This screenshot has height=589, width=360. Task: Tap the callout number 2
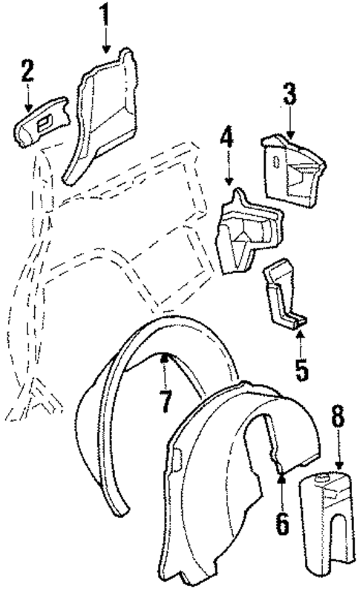coord(27,72)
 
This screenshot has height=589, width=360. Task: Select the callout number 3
coord(289,94)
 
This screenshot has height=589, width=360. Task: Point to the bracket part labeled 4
coord(245,230)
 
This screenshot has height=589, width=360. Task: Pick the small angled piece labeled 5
coord(284,293)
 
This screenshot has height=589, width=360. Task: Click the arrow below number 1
coord(106,41)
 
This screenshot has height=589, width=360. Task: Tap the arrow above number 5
coord(300,341)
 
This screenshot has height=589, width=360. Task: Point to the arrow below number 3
coord(289,122)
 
